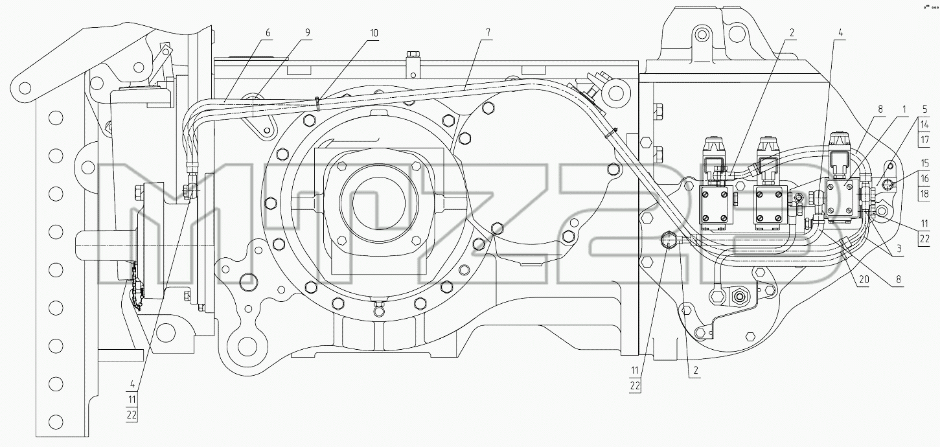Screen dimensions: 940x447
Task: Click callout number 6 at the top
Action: point(268,33)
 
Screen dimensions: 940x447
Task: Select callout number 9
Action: point(308,33)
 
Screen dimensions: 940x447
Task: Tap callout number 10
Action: point(374,33)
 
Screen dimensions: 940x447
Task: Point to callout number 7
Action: point(488,33)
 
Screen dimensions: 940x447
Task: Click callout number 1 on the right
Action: point(904,109)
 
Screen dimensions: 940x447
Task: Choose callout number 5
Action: point(924,109)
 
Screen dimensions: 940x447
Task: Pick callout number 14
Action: point(924,124)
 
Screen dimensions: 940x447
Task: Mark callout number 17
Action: point(924,139)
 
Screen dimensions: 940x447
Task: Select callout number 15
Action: point(924,163)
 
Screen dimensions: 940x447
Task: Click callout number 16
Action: point(924,178)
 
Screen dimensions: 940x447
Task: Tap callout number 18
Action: point(924,194)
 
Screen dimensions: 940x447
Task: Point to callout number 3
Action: point(899,249)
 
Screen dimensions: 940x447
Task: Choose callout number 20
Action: point(864,279)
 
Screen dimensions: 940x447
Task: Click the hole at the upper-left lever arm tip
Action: point(25,88)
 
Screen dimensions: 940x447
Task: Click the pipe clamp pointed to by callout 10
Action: point(318,103)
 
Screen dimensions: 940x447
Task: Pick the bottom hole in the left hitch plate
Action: point(56,421)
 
